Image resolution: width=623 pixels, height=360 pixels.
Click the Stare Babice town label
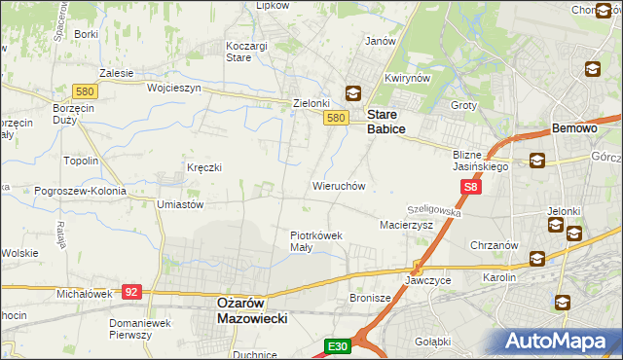[x=385, y=121]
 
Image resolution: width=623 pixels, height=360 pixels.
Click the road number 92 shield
[x=132, y=291]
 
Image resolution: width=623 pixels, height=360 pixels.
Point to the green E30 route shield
[x=337, y=345]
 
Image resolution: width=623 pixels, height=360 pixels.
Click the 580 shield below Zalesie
[x=85, y=91]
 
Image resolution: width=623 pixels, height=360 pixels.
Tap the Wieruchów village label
[x=338, y=185]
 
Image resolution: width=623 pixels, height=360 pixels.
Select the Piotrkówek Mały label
[x=314, y=240]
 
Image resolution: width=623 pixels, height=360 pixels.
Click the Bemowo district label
[x=574, y=128]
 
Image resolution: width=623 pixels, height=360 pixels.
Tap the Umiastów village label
[x=179, y=205]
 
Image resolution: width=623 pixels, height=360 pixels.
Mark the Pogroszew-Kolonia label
[x=65, y=191]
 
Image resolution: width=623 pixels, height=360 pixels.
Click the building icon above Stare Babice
[x=352, y=94]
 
